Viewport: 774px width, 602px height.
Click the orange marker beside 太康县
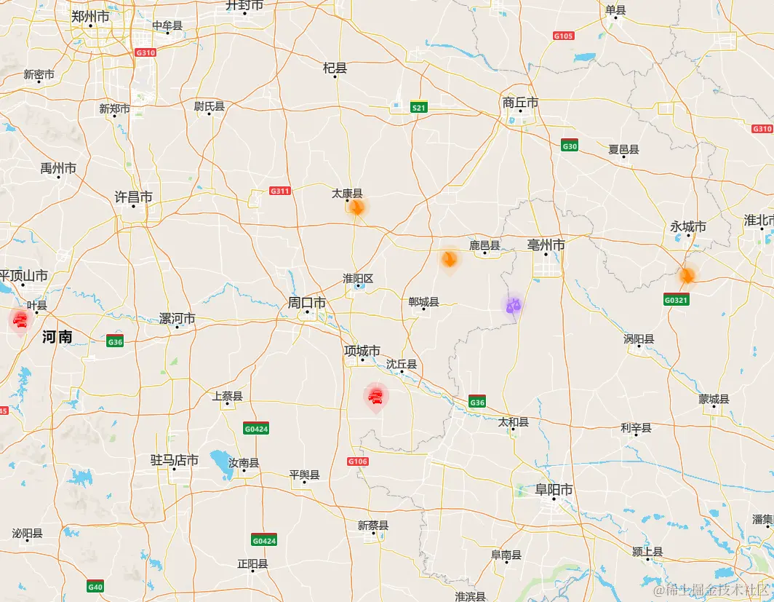[x=356, y=207]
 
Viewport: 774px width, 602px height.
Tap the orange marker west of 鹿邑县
[x=450, y=258]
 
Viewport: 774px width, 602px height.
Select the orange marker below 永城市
[x=687, y=276]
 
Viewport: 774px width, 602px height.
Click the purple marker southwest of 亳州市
[x=514, y=306]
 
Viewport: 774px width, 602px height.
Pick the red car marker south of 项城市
[x=376, y=396]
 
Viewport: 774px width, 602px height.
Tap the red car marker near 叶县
[x=20, y=320]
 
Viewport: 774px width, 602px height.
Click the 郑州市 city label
[x=90, y=16]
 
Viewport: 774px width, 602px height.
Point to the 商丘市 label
[x=520, y=103]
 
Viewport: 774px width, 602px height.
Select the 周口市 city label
[x=306, y=302]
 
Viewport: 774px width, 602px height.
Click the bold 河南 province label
[x=57, y=336]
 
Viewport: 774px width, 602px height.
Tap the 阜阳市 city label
[x=554, y=490]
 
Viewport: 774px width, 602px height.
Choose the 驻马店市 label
[x=175, y=460]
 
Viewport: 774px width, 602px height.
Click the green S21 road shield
[x=418, y=108]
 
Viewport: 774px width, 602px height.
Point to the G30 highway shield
[x=570, y=146]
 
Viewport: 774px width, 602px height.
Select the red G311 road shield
[x=280, y=191]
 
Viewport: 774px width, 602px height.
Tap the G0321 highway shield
[x=676, y=299]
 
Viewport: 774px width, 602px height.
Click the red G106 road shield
[x=358, y=462]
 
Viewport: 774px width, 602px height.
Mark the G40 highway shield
[x=95, y=586]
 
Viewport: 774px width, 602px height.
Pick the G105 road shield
[x=563, y=36]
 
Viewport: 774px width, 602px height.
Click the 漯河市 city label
[x=177, y=319]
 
